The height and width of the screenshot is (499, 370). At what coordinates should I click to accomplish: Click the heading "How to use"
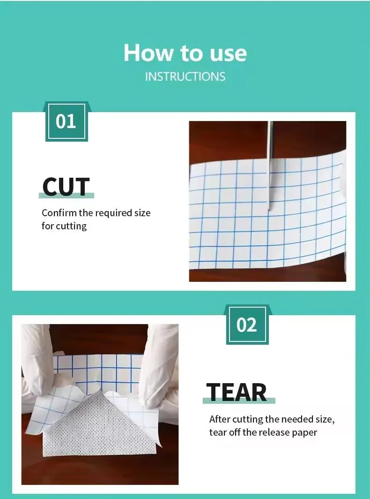pos(185,53)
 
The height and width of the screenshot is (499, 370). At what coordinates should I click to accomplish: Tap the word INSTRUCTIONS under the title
pos(185,76)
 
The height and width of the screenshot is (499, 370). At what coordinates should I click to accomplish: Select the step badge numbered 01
pos(66,122)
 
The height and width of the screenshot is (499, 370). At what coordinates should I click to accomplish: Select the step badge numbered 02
pos(247,325)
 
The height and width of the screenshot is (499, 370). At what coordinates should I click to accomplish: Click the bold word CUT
pos(66,186)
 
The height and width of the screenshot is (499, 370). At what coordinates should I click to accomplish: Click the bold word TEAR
pos(237,392)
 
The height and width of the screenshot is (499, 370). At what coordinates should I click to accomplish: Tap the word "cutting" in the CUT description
pos(71,226)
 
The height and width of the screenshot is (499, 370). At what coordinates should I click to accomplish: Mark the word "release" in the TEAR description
pos(273,432)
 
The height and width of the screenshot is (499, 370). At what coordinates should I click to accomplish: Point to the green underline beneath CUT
pos(66,196)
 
